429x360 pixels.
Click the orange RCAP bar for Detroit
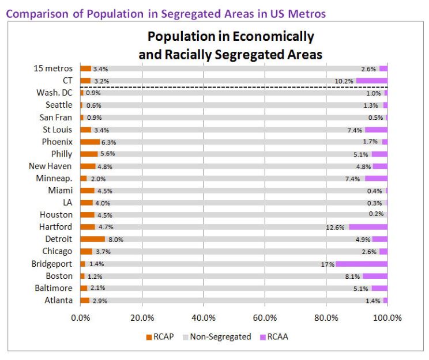(x=92, y=239)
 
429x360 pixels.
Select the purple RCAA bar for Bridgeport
(x=362, y=264)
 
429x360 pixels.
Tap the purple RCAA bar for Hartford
(x=368, y=227)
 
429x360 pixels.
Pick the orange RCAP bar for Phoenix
(x=90, y=142)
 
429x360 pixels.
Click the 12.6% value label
(x=335, y=227)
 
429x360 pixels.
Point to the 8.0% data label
(x=116, y=239)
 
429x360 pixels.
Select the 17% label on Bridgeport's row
(x=328, y=264)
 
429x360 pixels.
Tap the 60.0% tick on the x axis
(x=265, y=317)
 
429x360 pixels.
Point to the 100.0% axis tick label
(x=387, y=317)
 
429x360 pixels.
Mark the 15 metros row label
(x=53, y=69)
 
